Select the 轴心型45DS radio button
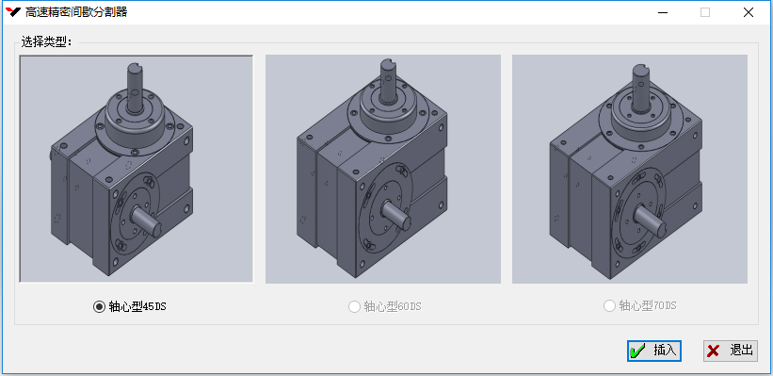coord(99,307)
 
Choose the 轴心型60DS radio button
coord(354,307)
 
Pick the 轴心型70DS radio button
coord(610,306)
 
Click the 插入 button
coord(654,351)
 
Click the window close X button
coord(749,12)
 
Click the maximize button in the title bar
coord(705,12)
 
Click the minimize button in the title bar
coord(663,12)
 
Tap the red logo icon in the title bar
coord(14,12)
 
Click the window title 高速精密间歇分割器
coord(76,12)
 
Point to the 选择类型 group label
coord(47,42)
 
